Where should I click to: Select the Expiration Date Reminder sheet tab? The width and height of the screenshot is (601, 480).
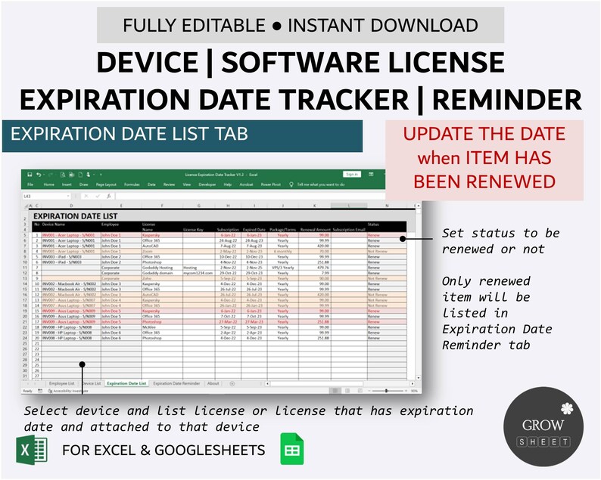tap(176, 383)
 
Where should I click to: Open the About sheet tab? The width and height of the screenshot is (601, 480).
tap(213, 383)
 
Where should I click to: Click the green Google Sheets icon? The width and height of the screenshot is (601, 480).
tap(291, 450)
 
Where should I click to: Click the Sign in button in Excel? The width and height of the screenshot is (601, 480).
tap(351, 174)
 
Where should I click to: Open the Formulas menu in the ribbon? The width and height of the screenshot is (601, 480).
tap(132, 184)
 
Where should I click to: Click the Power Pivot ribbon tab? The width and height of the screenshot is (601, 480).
tap(270, 184)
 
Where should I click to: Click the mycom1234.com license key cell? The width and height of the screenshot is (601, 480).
tap(195, 272)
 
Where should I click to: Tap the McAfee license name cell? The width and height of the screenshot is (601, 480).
tap(148, 326)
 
